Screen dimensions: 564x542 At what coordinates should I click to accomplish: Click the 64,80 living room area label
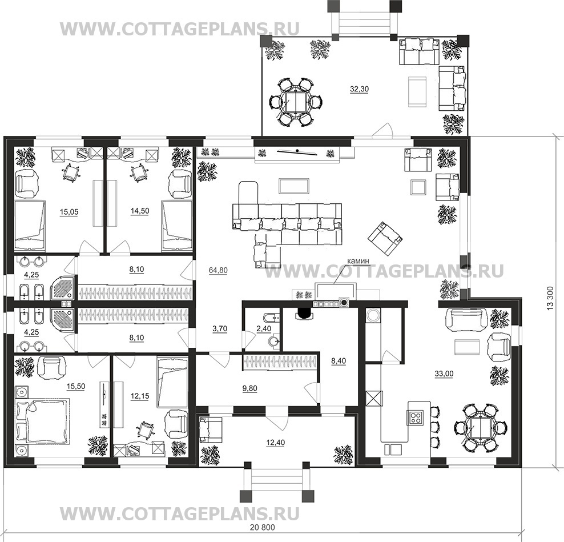pos(218,270)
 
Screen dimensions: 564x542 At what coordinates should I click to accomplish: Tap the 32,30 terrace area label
pos(359,89)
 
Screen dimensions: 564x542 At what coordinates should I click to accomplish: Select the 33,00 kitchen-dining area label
pos(444,374)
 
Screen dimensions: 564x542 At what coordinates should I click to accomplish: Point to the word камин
pos(358,261)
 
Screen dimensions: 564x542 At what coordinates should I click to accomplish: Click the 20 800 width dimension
pos(262,527)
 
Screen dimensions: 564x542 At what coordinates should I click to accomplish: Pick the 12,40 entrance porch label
pos(275,442)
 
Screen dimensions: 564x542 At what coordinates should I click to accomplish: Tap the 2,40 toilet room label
pos(264,328)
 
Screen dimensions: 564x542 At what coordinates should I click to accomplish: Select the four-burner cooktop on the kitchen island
pos(416,417)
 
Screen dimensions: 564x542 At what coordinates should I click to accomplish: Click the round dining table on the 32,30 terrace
pos(295,102)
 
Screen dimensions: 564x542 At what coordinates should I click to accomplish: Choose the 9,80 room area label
pos(249,388)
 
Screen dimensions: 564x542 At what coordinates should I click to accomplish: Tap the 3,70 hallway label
pos(220,328)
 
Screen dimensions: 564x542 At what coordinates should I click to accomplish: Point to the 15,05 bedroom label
pos(69,212)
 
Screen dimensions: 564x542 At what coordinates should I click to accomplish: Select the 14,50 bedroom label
pos(139,211)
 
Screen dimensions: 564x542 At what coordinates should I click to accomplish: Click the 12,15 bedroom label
pos(139,396)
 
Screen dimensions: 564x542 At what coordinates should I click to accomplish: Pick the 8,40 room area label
pos(339,360)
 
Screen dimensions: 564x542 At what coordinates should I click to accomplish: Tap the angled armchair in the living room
pos(385,239)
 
